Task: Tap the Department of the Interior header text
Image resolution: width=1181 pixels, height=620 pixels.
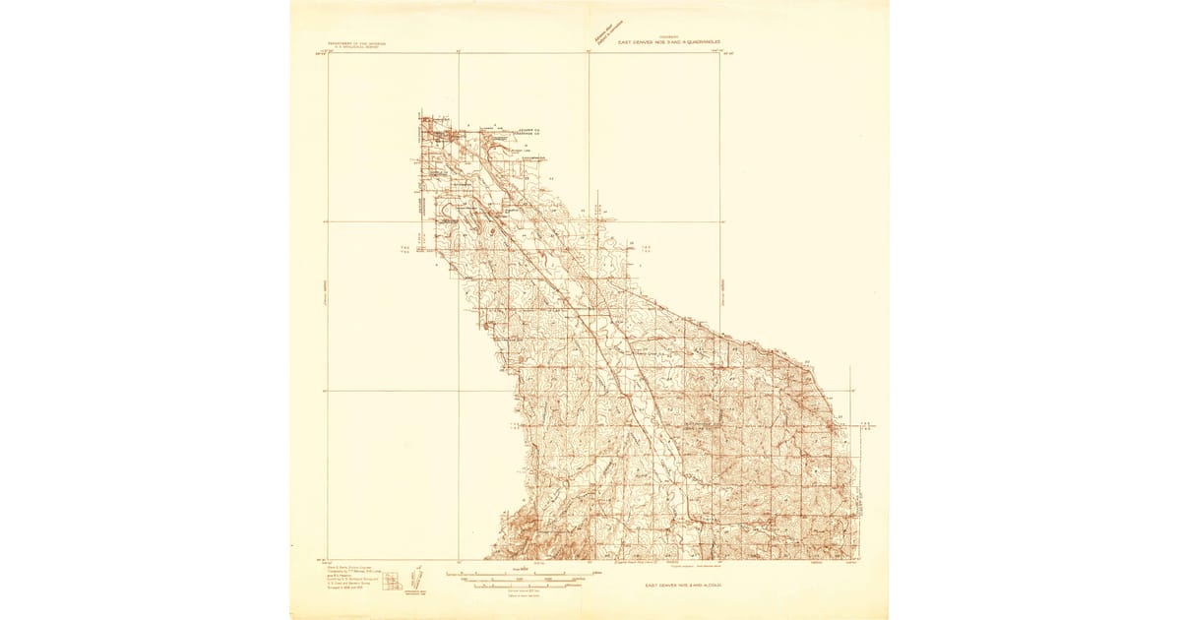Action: click(x=353, y=45)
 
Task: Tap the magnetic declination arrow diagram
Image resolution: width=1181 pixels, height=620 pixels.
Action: click(x=414, y=578)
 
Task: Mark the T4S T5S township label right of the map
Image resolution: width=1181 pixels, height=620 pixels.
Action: click(x=647, y=249)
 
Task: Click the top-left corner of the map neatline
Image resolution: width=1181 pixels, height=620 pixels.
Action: click(x=328, y=53)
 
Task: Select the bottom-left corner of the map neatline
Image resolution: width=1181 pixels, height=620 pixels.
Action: click(x=328, y=560)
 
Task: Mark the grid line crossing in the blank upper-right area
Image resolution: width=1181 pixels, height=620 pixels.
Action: click(x=720, y=221)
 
